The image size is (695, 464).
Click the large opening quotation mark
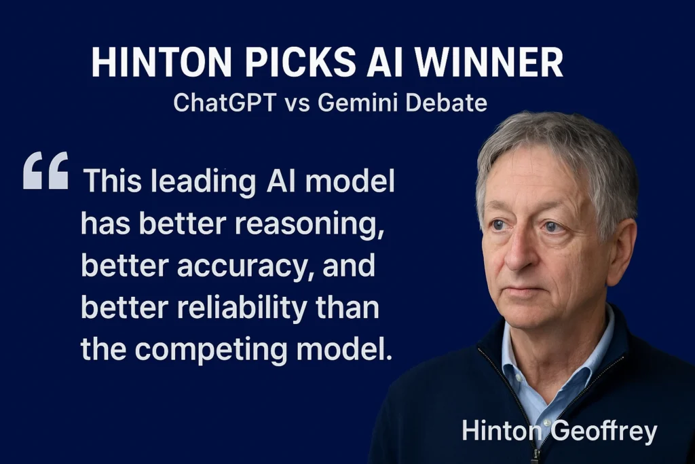click(45, 171)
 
